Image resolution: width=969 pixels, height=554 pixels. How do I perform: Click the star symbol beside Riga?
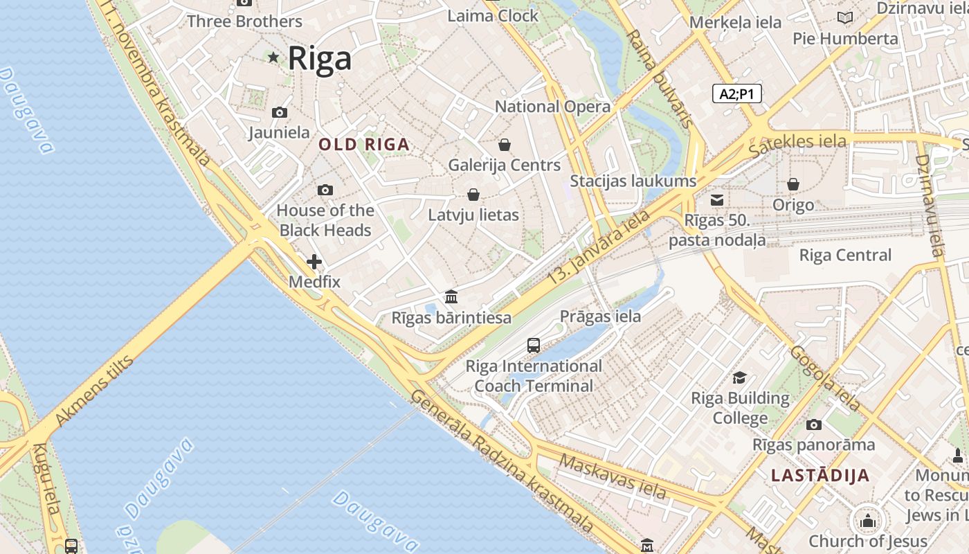coord(273,57)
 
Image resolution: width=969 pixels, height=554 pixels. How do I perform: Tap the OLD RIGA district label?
coord(364,145)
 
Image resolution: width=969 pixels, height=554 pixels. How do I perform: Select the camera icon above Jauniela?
coord(280,112)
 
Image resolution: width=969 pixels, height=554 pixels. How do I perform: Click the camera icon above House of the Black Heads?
coord(325,190)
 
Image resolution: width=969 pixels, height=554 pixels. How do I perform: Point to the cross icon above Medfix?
coord(314,262)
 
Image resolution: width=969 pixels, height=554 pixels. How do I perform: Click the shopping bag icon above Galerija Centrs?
coord(505,145)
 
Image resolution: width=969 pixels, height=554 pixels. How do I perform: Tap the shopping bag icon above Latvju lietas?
coord(473,195)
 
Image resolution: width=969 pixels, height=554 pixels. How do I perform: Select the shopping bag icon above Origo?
coord(793,184)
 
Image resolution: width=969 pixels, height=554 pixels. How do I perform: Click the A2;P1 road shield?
coord(737,93)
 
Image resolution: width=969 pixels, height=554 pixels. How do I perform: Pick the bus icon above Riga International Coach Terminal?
coord(534,345)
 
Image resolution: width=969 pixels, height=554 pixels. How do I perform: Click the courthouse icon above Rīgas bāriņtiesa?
coord(451,296)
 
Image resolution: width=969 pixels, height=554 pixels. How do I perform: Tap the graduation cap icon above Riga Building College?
coord(740,377)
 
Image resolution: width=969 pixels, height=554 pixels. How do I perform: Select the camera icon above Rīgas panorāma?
coord(814,425)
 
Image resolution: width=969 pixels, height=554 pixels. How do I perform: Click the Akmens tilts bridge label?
coord(93,391)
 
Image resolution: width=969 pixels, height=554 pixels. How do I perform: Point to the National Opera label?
coord(552,107)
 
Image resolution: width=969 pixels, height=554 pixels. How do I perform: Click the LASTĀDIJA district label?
coord(820,476)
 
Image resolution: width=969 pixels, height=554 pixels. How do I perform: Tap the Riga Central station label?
coord(845,255)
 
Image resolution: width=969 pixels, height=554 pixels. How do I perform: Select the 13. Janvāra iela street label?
coord(599,245)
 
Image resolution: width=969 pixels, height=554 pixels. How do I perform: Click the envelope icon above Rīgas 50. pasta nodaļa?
coord(718,200)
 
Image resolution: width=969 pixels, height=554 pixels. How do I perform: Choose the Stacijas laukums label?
coord(633,181)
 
